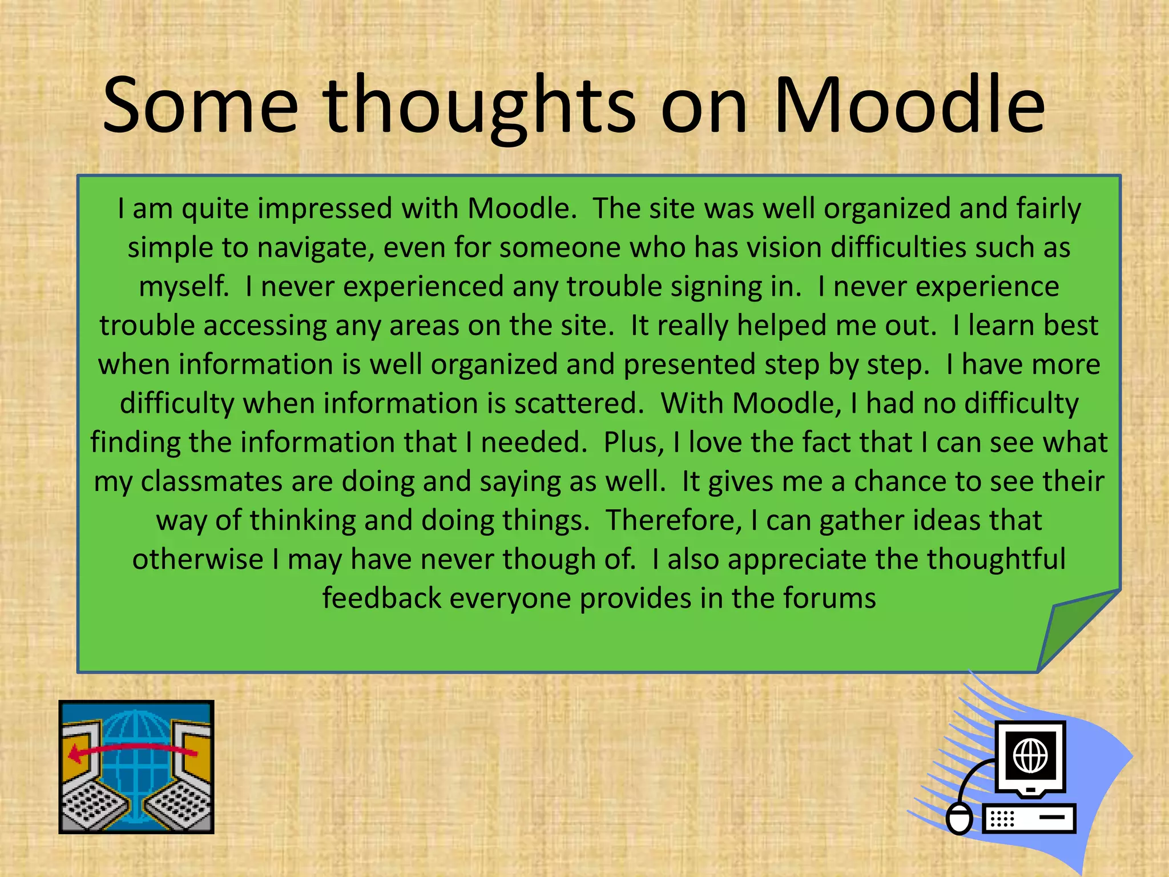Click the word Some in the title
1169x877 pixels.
(200, 106)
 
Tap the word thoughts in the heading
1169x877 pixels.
(479, 106)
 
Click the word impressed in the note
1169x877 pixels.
(325, 208)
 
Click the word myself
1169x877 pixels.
(184, 287)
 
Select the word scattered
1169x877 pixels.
(579, 403)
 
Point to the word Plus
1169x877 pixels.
(633, 442)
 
